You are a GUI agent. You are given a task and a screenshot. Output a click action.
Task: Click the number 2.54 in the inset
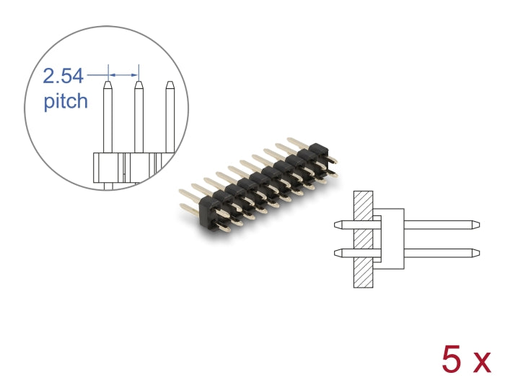click(64, 75)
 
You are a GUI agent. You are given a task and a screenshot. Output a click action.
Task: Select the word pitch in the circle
click(66, 101)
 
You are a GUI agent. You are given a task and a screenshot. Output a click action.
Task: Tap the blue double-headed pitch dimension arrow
click(123, 74)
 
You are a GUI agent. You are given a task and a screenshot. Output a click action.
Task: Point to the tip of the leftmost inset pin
click(107, 84)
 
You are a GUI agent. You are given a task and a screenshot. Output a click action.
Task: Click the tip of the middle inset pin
click(139, 84)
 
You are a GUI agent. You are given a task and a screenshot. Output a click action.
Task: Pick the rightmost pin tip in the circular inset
click(170, 85)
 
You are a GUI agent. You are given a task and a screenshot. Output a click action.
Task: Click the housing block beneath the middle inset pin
click(139, 167)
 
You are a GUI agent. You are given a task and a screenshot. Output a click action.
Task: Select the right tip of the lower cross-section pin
click(478, 252)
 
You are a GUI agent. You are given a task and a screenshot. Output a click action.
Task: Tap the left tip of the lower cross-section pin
click(337, 252)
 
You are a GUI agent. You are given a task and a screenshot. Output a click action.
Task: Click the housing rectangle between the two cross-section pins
click(390, 238)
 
